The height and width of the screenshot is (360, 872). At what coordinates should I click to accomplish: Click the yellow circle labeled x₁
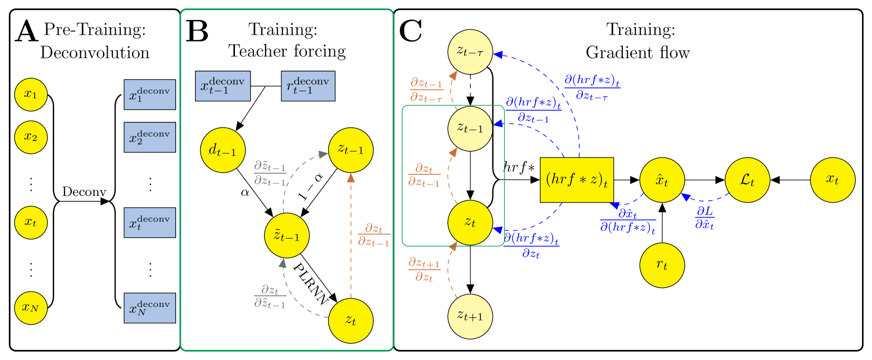click(x=31, y=95)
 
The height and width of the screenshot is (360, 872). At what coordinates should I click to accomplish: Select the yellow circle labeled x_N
click(x=31, y=308)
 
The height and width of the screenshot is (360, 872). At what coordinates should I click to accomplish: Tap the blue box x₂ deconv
click(x=150, y=137)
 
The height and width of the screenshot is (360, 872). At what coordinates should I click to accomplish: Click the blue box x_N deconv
click(x=150, y=308)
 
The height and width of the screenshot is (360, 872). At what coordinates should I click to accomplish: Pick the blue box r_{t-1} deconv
click(x=308, y=86)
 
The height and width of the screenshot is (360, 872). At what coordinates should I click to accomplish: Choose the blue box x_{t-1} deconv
click(x=223, y=86)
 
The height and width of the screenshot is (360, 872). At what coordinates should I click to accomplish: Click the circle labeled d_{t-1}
click(x=223, y=150)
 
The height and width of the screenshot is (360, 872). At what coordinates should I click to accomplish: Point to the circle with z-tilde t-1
click(x=286, y=235)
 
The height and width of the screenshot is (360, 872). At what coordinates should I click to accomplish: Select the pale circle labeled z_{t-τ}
click(x=470, y=52)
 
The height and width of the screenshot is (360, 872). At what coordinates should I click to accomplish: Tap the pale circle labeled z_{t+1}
click(x=470, y=316)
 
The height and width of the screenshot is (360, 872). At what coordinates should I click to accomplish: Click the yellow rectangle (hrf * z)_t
click(x=577, y=180)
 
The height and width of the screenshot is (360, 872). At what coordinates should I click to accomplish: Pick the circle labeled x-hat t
click(x=662, y=180)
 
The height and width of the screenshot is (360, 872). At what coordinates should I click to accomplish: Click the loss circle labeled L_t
click(x=747, y=180)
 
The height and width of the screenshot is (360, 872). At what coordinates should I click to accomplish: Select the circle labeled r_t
click(x=662, y=265)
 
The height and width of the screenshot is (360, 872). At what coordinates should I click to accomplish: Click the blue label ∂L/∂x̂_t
click(x=704, y=218)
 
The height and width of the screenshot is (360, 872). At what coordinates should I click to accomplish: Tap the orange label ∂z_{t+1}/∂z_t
click(x=424, y=269)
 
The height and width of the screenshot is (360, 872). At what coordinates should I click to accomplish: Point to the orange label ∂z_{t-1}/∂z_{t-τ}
click(x=426, y=90)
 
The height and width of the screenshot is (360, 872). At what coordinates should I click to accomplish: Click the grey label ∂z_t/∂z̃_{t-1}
click(x=270, y=296)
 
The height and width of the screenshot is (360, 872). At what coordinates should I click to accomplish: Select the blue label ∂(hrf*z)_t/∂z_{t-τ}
click(x=592, y=87)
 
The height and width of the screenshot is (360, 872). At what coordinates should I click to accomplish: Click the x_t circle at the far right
click(x=833, y=180)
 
